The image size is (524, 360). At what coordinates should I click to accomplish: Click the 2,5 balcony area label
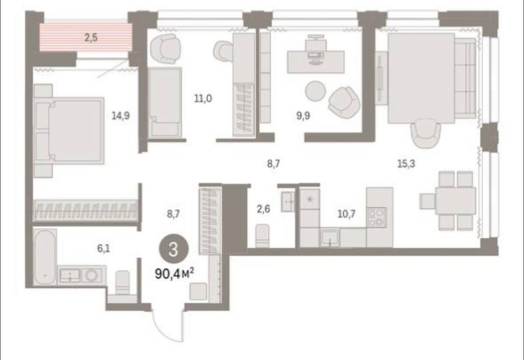coord(91,38)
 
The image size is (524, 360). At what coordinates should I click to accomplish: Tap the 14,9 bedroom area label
coord(121,116)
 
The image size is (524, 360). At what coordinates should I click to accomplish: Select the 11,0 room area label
coord(203,99)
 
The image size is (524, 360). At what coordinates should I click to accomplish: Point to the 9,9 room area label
coord(303,116)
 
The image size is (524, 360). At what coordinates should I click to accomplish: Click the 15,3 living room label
coord(406,164)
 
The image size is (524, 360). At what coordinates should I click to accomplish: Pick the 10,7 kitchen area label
coord(346,214)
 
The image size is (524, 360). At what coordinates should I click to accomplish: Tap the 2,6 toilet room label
coord(263,209)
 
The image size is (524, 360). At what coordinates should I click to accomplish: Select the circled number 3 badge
coord(173,250)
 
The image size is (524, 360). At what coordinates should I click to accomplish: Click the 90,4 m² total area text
coord(174,274)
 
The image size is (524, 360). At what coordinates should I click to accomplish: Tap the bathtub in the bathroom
coord(45,257)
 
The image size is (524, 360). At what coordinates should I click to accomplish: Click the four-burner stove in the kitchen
coord(376,217)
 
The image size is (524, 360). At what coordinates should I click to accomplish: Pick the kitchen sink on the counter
coord(330,237)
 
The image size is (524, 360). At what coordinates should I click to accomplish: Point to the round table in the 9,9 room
coord(316,91)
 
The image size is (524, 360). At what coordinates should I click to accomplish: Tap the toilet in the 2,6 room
coord(262,235)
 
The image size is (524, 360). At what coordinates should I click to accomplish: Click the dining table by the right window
coord(455,201)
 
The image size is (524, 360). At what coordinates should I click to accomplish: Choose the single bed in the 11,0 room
coord(165,103)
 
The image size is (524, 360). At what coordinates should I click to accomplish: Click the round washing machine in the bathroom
coord(90,276)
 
